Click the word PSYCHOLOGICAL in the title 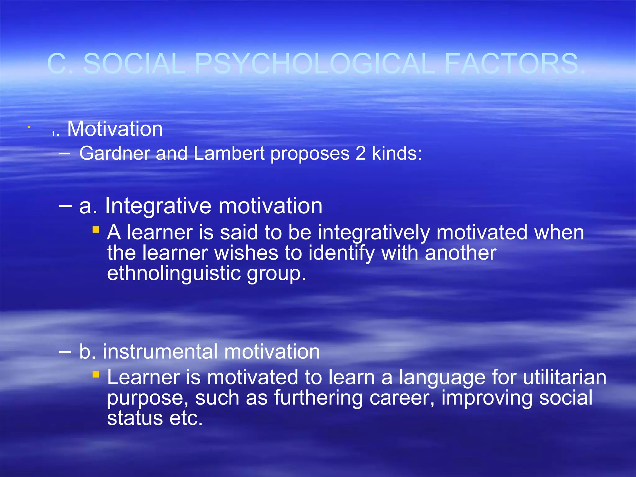point(315,64)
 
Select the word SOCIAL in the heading point(134,64)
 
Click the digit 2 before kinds point(361,153)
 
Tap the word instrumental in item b point(160,352)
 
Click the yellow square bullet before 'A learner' point(96,230)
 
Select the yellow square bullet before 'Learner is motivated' point(96,375)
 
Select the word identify point(341,253)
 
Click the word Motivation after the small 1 point(115,129)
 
